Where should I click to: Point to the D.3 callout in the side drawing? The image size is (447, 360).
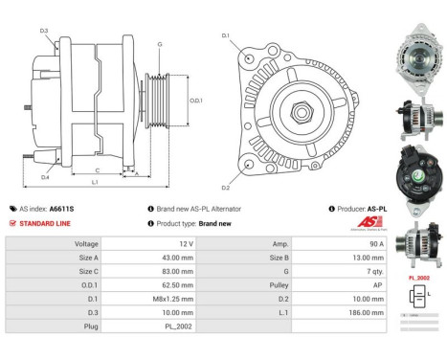pos(45,32)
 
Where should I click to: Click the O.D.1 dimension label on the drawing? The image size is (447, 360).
pos(196,101)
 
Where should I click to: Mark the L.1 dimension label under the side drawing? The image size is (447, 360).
pos(93,181)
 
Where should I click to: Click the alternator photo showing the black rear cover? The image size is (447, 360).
pos(418,183)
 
